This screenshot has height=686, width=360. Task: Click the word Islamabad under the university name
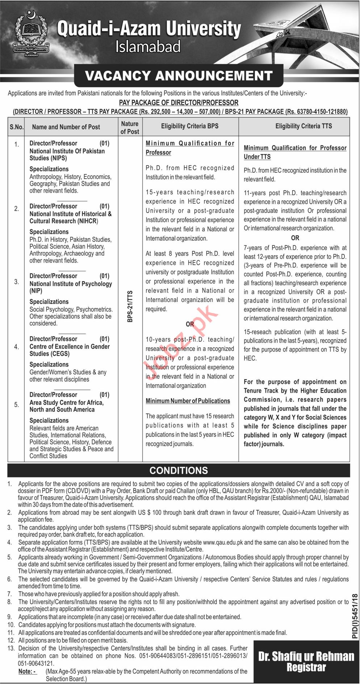coord(148,47)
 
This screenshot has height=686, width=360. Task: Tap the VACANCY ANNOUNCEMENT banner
coord(179,75)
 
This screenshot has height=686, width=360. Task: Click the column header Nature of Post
coord(130,127)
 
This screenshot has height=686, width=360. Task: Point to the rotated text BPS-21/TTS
coord(130,306)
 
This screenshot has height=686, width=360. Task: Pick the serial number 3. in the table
coord(17,281)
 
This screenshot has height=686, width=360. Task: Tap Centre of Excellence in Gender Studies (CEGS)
coord(70,350)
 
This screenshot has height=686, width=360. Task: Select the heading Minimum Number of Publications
coord(188,401)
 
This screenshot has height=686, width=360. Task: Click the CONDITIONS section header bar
coord(179,470)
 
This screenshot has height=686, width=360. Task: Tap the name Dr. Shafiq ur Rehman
coord(306,656)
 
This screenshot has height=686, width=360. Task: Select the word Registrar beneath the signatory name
coord(306,667)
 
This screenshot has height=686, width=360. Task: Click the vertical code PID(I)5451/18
coord(355,616)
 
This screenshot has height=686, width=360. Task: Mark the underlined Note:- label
coord(27,671)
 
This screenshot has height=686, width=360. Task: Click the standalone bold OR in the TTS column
coord(295,238)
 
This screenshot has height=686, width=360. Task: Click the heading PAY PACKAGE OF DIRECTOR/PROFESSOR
coord(179,103)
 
